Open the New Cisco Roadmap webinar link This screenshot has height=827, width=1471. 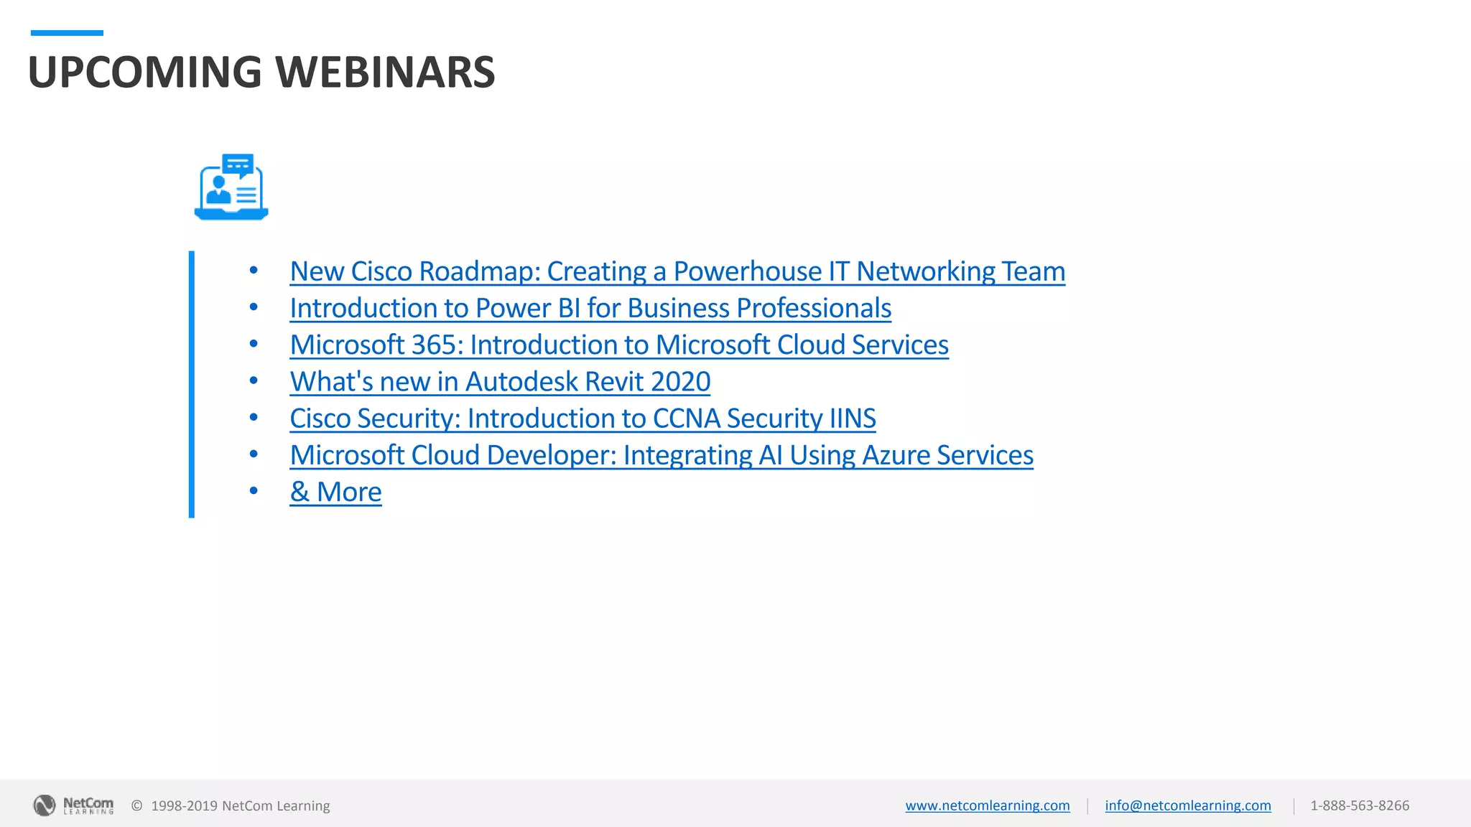point(677,271)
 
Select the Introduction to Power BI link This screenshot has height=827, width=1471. point(590,308)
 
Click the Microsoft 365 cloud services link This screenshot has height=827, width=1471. point(618,345)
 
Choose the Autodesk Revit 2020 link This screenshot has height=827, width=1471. point(499,382)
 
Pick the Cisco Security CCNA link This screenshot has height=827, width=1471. point(583,419)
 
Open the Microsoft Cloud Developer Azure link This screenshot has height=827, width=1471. point(661,455)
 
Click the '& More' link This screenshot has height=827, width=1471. point(335,492)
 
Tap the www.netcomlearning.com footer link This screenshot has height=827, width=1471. point(987,805)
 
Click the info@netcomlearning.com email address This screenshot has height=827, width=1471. point(1187,805)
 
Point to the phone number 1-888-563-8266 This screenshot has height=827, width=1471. point(1359,805)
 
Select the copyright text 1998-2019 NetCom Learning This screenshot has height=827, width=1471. point(240,805)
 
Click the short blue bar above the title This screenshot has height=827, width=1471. point(67,33)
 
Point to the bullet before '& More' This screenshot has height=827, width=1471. point(254,491)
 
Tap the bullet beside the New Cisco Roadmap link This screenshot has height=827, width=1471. point(254,271)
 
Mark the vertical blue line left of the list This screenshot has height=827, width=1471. point(192,384)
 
